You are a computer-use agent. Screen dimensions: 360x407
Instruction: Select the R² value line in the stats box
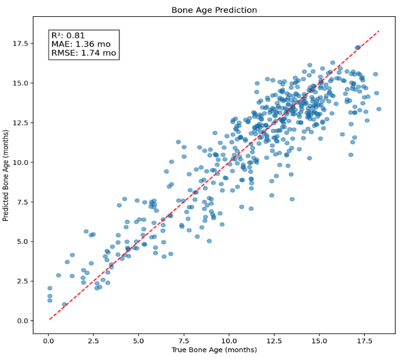point(69,36)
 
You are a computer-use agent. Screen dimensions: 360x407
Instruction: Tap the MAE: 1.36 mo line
point(80,44)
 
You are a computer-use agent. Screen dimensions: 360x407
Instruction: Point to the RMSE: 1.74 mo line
point(83,53)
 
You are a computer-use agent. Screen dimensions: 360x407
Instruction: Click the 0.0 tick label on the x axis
point(49,340)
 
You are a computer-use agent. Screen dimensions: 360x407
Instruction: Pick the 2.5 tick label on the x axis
point(93,340)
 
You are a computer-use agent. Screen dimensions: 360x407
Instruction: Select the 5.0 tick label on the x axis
point(139,340)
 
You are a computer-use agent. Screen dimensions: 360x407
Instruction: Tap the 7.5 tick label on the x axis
point(184,340)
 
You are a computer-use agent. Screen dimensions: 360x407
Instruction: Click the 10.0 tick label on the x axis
point(228,340)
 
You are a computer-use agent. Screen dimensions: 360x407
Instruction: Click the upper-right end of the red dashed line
point(379,30)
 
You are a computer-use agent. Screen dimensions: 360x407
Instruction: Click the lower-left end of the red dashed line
point(50,319)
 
